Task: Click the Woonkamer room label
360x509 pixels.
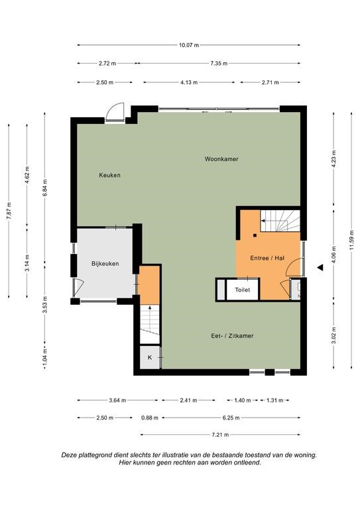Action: point(221,159)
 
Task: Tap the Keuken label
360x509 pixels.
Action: point(109,175)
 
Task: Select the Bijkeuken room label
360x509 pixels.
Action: point(105,264)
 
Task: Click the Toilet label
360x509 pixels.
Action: point(243,290)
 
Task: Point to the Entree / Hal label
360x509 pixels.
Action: point(267,258)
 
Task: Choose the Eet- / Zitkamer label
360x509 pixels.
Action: point(232,335)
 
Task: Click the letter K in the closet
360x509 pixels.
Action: point(150,357)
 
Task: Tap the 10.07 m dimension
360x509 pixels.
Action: point(189,45)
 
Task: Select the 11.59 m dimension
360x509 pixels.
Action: point(351,240)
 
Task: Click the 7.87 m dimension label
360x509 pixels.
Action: point(9,211)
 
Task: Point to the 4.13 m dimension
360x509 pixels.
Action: point(189,82)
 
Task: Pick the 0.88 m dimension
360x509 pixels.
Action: point(150,418)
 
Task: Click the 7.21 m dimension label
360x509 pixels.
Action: point(220,435)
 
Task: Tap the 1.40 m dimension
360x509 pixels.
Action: point(243,400)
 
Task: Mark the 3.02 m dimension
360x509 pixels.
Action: point(333,335)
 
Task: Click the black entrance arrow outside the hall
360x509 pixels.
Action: point(320,268)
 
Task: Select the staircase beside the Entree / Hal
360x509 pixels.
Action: point(280,221)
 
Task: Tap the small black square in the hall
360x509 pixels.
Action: point(255,235)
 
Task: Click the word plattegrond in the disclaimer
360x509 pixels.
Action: point(97,455)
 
